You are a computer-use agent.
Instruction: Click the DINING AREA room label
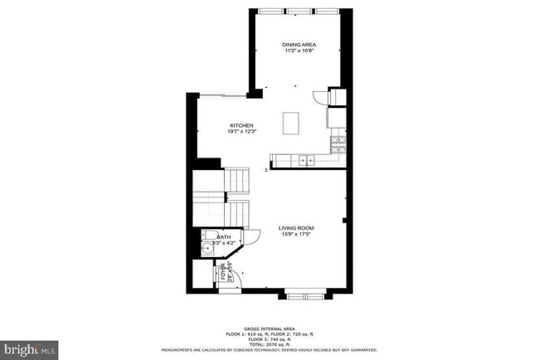(x=299, y=44)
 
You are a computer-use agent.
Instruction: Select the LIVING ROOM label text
(x=295, y=227)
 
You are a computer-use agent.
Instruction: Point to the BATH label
(x=224, y=237)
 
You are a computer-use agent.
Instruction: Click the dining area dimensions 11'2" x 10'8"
(x=299, y=51)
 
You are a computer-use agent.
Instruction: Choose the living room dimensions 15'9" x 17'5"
(x=295, y=234)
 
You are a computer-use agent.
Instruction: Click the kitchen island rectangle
(x=290, y=123)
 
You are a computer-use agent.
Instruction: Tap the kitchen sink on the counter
(x=305, y=159)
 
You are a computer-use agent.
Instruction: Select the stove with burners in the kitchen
(x=337, y=146)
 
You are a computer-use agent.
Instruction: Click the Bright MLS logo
(x=29, y=350)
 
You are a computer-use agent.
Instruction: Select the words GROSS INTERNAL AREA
(x=270, y=328)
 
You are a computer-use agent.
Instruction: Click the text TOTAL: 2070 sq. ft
(x=270, y=343)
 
